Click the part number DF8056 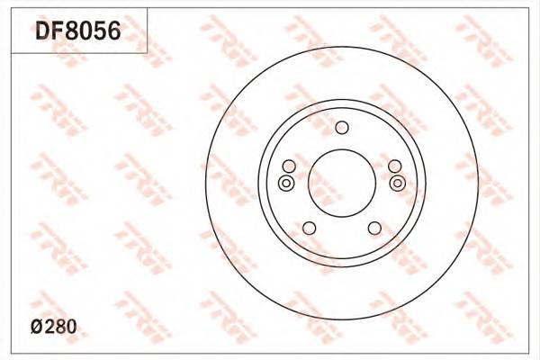pos(77,33)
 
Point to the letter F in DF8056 pos(58,33)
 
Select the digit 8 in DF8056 pos(72,33)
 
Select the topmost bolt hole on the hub pos(341,127)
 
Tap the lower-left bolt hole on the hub pos(308,227)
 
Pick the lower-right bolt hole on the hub pos(374,227)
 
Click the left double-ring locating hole pos(285,184)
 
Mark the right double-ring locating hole pos(397,184)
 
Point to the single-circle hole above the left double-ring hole pos(288,166)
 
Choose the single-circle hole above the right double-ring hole pos(394,166)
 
